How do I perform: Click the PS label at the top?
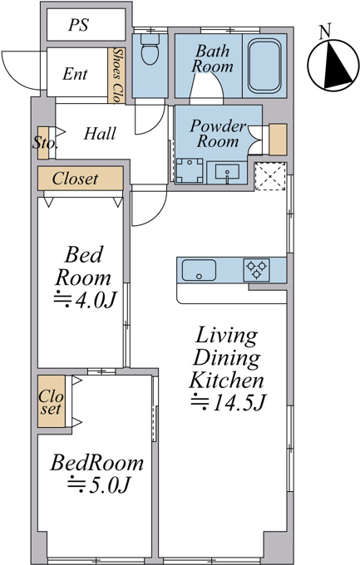click(x=79, y=25)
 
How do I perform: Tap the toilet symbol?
click(x=150, y=49)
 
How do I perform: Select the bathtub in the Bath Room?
click(x=264, y=66)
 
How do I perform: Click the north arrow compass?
click(x=333, y=65)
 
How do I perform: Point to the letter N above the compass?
click(x=325, y=32)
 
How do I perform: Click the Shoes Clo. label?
click(x=117, y=76)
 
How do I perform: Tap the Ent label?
click(x=75, y=74)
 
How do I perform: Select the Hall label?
click(x=100, y=134)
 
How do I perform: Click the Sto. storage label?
click(x=45, y=143)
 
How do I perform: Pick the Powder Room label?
click(x=218, y=133)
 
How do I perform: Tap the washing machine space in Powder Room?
click(x=190, y=171)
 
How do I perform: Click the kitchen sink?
click(x=199, y=270)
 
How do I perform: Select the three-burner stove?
click(x=256, y=270)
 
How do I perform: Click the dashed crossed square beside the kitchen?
click(x=270, y=176)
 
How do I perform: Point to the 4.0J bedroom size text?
click(x=86, y=300)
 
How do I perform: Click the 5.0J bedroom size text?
click(x=98, y=484)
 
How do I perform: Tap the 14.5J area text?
click(x=229, y=402)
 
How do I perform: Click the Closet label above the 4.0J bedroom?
click(x=75, y=179)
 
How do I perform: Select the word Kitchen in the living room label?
click(x=226, y=380)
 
